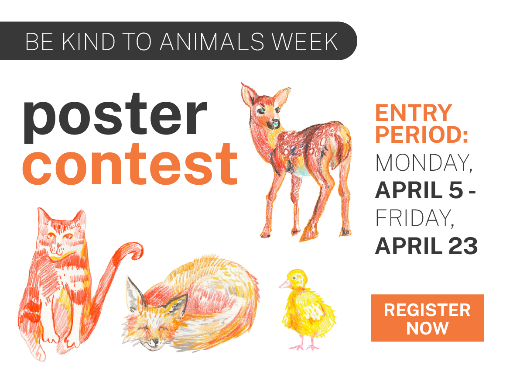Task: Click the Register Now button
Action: click(427, 318)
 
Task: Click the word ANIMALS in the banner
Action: click(212, 42)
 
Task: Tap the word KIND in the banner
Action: click(88, 42)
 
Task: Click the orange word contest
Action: click(130, 164)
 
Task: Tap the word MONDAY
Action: click(424, 163)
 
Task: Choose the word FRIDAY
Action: click(415, 218)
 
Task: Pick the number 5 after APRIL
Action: click(456, 190)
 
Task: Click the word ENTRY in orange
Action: click(414, 113)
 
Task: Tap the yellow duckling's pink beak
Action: click(284, 284)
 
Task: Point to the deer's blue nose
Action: click(276, 124)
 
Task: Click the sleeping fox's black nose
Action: click(155, 341)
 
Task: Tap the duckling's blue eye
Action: click(294, 278)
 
